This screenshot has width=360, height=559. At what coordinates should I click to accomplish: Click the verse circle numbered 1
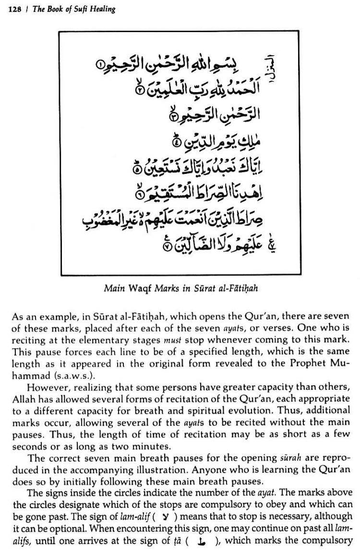click(99, 64)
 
